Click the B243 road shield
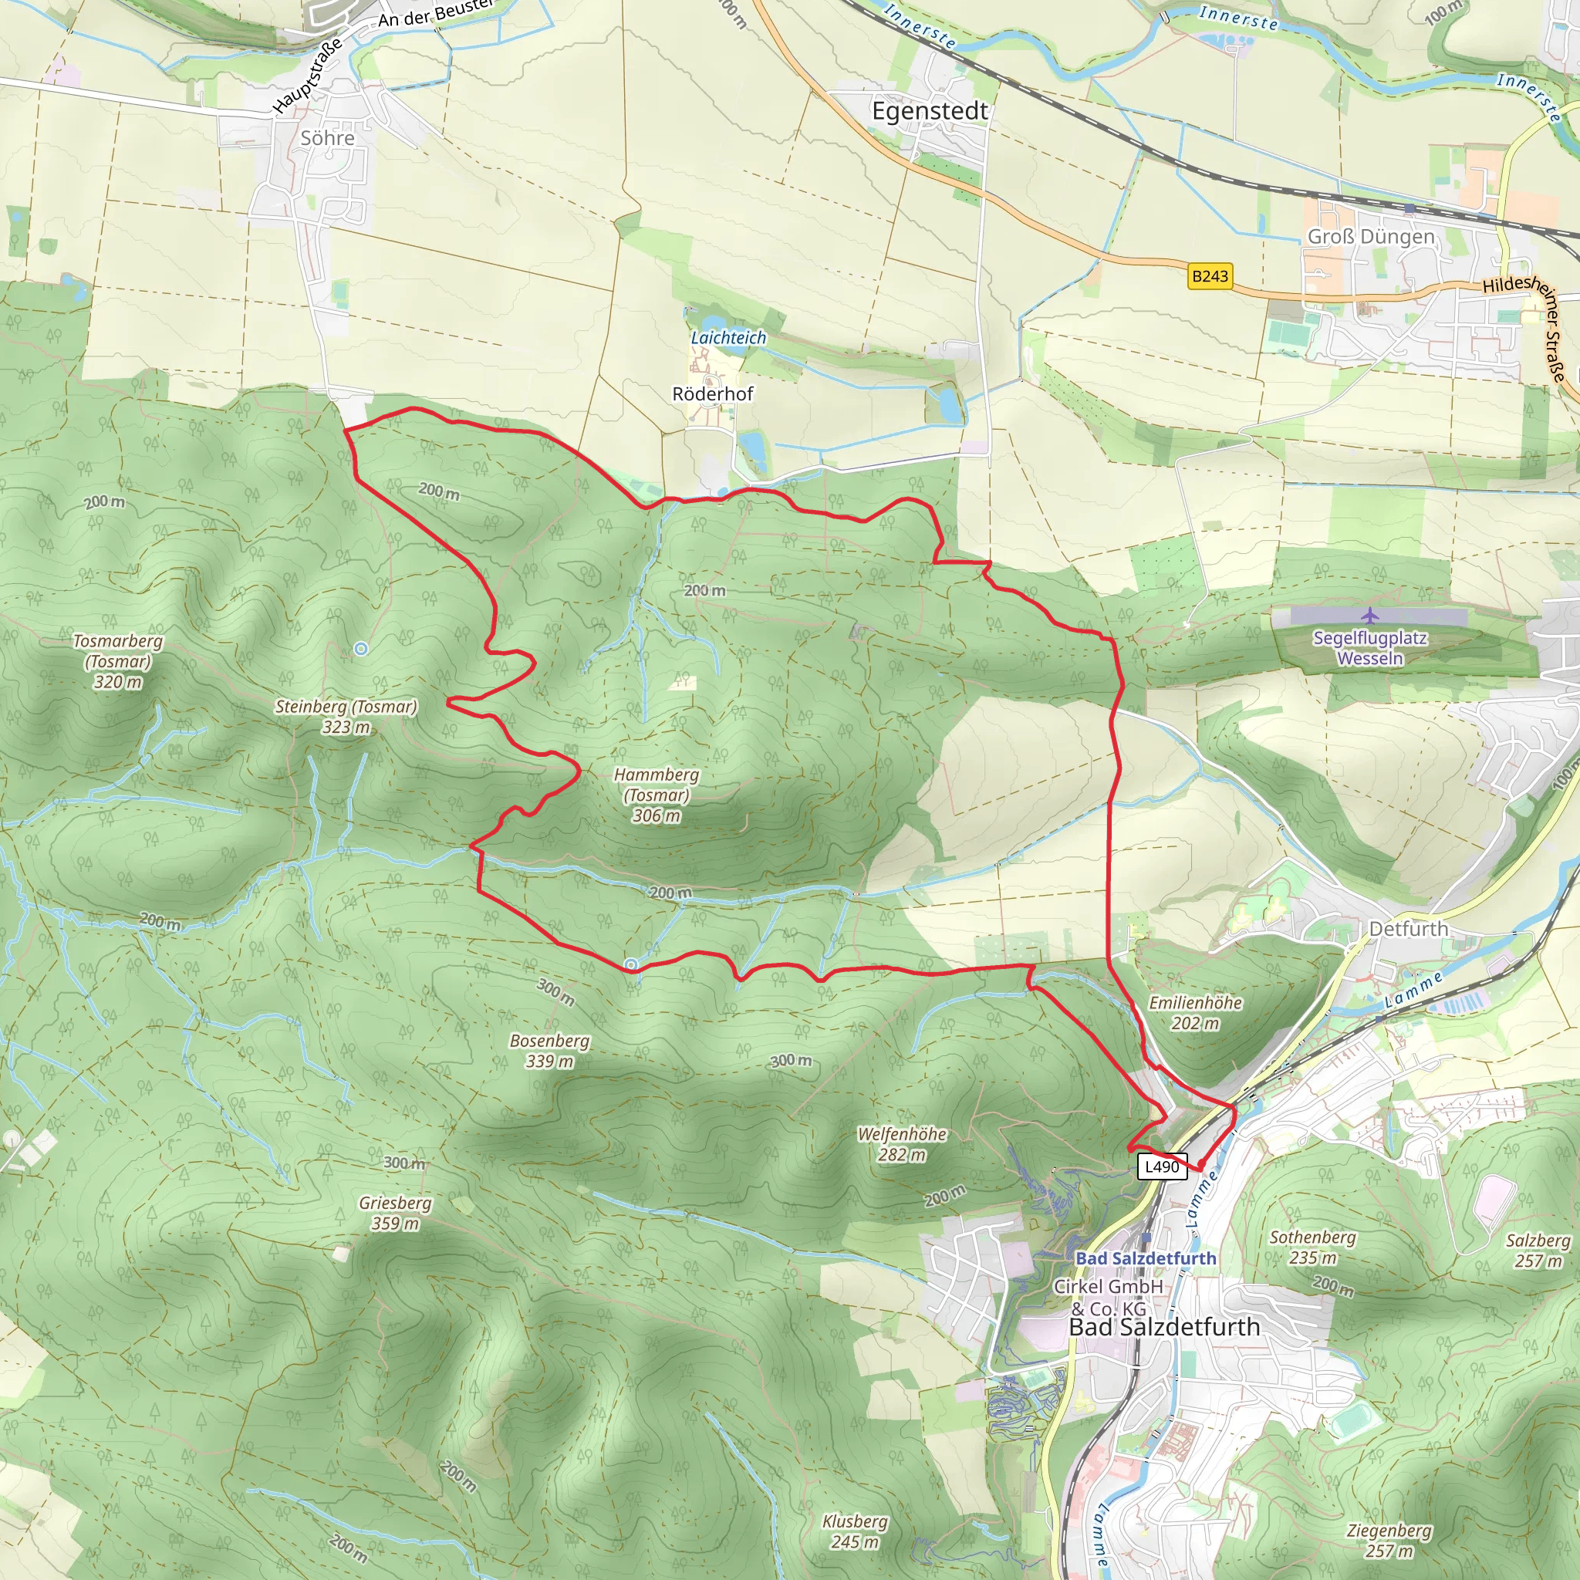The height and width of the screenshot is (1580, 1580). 1210,275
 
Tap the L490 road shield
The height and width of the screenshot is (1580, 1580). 1162,1166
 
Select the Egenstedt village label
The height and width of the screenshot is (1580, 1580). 930,110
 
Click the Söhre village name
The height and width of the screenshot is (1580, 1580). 327,137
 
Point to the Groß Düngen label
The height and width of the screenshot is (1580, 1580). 1371,236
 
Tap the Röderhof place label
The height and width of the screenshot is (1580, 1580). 712,393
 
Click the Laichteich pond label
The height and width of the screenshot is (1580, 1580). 728,337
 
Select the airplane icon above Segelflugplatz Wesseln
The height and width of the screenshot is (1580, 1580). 1371,615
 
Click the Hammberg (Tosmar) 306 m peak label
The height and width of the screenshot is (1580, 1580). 657,794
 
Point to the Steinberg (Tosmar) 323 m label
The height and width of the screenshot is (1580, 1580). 346,716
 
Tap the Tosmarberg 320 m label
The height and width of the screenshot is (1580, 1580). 118,661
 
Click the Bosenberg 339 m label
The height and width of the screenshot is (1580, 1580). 549,1050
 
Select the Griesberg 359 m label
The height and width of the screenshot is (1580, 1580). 395,1212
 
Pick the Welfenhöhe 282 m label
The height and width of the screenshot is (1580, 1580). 902,1143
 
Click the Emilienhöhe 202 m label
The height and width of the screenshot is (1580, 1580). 1195,1012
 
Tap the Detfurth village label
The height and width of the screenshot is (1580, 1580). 1408,928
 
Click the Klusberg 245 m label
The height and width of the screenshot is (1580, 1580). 855,1531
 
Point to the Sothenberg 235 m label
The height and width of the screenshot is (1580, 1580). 1312,1247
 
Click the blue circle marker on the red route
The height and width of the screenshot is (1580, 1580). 630,965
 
